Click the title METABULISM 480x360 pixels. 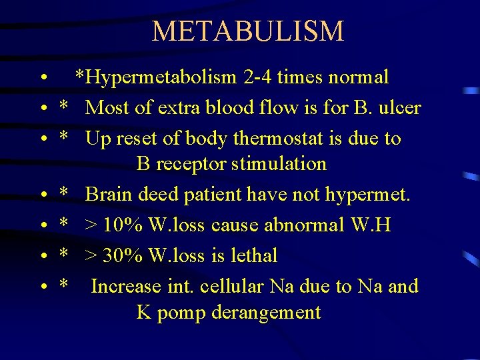pos(247,31)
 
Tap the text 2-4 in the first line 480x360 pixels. pos(258,77)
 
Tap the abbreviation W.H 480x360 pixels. pos(372,225)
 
